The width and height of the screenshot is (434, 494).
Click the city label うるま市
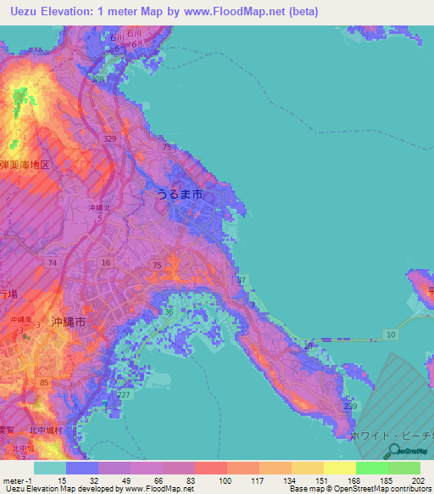click(x=179, y=194)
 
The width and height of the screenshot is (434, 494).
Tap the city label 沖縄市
click(x=69, y=322)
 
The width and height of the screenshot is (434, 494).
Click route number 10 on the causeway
click(x=391, y=336)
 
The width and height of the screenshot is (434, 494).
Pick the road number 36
click(x=168, y=312)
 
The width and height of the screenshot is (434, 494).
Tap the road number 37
click(x=242, y=280)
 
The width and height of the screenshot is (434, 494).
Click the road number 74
click(x=53, y=264)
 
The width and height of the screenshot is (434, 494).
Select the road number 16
click(x=105, y=264)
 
